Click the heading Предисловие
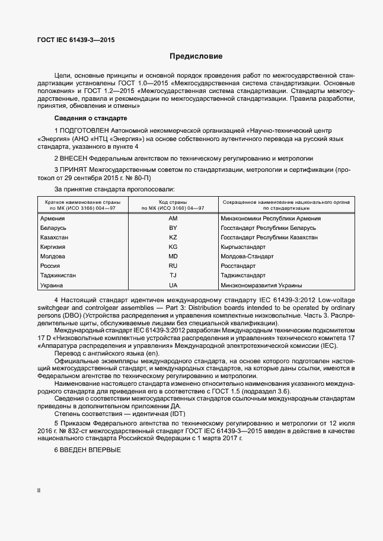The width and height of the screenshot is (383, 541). [x=196, y=57]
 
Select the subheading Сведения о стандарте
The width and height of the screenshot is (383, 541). [x=86, y=118]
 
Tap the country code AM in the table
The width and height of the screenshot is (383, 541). [x=173, y=219]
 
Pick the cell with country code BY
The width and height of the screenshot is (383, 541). [x=173, y=228]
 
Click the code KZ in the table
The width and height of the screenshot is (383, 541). [x=173, y=238]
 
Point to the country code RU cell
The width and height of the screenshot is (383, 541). [x=173, y=266]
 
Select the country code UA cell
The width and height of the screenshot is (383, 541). [x=173, y=285]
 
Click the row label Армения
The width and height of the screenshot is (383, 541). [x=53, y=219]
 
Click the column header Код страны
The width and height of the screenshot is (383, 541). [x=173, y=203]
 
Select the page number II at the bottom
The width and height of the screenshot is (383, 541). [x=39, y=491]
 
